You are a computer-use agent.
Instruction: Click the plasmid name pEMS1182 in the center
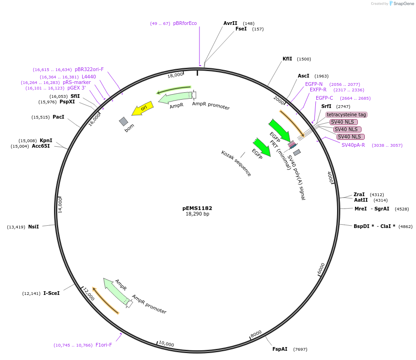pos(197,208)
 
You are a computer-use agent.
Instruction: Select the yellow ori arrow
pos(142,108)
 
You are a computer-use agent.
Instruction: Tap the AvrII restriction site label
pos(230,23)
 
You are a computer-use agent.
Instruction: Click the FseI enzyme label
pos(241,29)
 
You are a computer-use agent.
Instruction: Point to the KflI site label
pos(287,59)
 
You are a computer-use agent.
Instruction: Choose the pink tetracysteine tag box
pos(346,114)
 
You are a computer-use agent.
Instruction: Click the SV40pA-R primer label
pos(353,145)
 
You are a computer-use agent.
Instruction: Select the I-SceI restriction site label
pos(51,293)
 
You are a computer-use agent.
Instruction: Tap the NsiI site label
pos(33,227)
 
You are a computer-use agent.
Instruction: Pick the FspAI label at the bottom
pos(280,349)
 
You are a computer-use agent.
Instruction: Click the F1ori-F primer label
pos(103,345)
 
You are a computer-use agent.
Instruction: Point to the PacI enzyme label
pos(58,117)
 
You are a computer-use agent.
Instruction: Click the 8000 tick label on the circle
pos(256,333)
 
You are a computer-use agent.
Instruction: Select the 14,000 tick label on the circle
pos(60,204)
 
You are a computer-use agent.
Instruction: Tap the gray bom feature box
pos(123,121)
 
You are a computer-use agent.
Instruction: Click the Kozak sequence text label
pos(236,163)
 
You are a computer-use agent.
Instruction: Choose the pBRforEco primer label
pos(185,23)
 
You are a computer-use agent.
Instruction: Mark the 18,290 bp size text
pos(197,214)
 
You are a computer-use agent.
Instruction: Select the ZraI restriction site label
pos(359,194)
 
